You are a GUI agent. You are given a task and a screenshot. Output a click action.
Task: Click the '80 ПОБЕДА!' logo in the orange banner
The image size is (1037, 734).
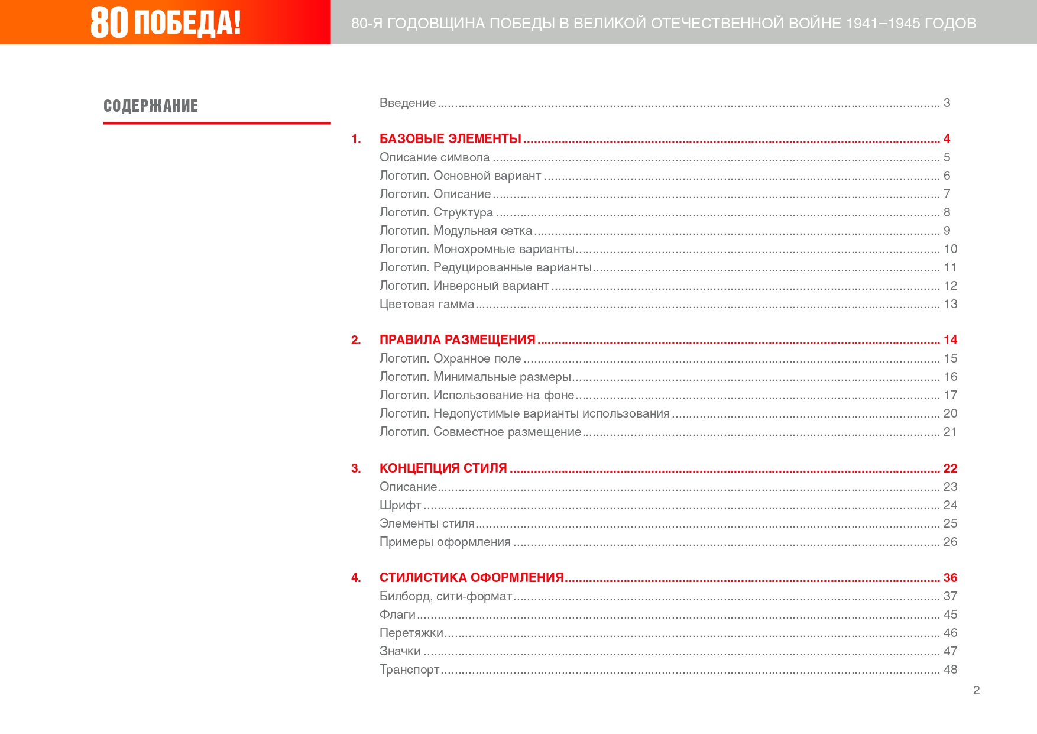(x=166, y=22)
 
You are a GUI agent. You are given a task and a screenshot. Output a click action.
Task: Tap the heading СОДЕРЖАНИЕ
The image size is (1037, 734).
(x=151, y=106)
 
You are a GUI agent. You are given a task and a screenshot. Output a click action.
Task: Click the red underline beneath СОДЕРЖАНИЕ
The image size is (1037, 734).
(x=216, y=123)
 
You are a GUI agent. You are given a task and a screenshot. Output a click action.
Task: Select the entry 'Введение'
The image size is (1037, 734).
(x=407, y=103)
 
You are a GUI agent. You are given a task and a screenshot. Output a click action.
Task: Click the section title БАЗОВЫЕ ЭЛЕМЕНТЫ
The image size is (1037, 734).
(x=450, y=139)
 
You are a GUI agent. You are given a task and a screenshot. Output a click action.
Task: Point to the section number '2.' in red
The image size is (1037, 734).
(x=356, y=340)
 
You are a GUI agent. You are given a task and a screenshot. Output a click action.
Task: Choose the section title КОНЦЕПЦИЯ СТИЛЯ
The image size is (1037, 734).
(x=443, y=468)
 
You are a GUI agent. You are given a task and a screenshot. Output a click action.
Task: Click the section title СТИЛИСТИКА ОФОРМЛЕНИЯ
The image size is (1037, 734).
(x=471, y=578)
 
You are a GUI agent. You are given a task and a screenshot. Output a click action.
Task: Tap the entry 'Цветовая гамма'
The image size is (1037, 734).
(x=426, y=304)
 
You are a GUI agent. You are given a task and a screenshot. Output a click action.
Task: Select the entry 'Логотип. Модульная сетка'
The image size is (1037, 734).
(x=455, y=231)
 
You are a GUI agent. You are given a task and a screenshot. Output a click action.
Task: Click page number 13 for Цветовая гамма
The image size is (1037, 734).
(x=950, y=304)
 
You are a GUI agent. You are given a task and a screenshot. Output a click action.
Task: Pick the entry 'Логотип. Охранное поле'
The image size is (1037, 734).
(x=450, y=358)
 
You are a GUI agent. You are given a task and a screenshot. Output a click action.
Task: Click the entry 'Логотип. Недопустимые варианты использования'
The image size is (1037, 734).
(x=524, y=413)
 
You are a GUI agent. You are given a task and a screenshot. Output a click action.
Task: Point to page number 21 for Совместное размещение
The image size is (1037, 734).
(x=950, y=432)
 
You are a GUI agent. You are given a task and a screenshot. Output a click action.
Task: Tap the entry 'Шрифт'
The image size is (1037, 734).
(x=400, y=505)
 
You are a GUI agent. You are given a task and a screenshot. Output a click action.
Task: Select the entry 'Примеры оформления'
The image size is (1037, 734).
(x=445, y=542)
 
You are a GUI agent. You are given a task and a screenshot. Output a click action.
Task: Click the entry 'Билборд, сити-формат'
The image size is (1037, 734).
(x=445, y=596)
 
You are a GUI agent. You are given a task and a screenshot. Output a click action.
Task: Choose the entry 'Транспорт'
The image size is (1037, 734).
(x=409, y=670)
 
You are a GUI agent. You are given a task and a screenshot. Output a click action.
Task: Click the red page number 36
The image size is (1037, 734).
(x=950, y=578)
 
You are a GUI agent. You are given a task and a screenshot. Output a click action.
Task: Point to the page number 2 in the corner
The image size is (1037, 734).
(x=976, y=690)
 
